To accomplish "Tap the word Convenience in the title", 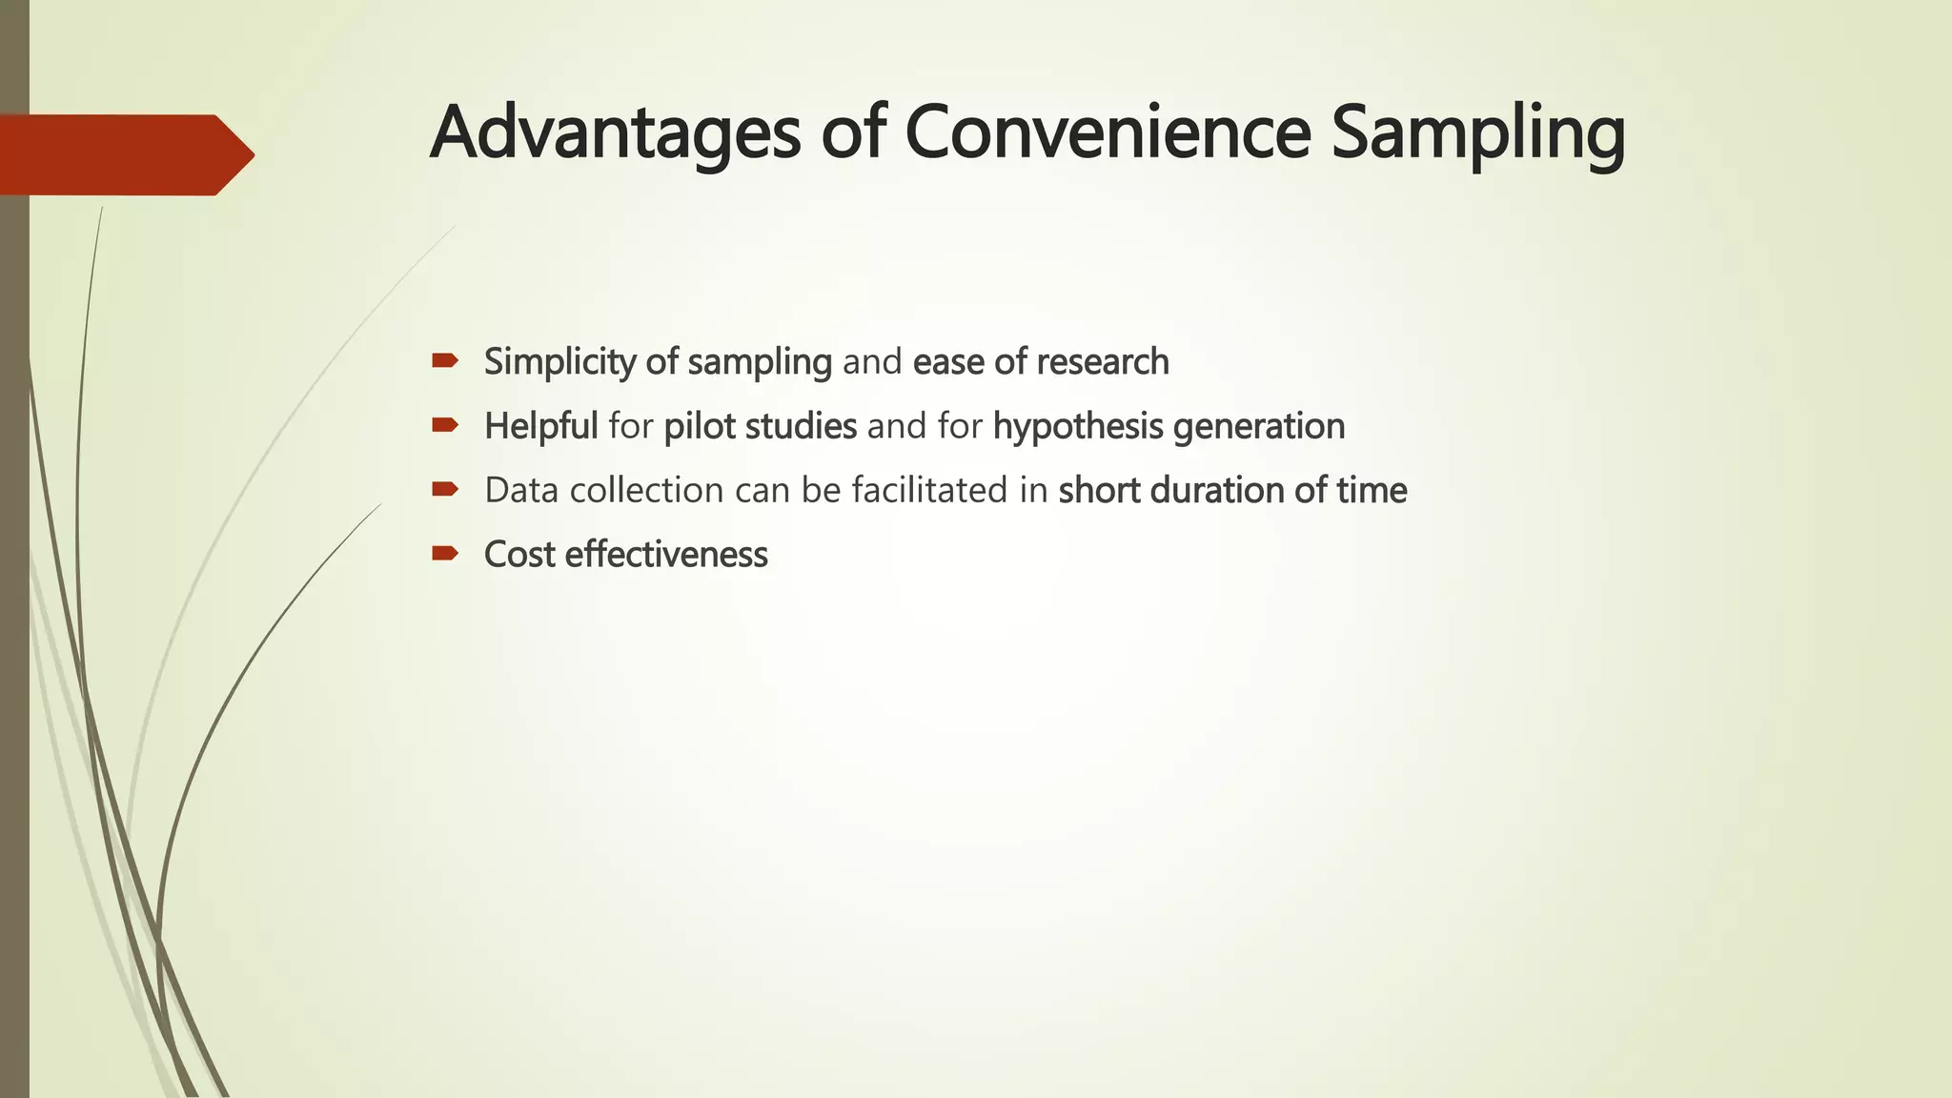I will (1108, 133).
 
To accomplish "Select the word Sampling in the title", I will (1477, 133).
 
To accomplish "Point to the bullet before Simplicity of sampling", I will (445, 360).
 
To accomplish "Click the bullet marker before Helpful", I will (445, 424).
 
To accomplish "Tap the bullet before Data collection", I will (445, 489).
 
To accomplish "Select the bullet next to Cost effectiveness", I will (445, 553).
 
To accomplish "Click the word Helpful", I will (540, 426).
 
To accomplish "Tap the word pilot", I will (699, 426).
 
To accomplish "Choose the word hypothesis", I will (1078, 426).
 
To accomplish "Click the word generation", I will (1259, 426).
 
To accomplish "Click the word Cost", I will (519, 555).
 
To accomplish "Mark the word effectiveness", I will (666, 555).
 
